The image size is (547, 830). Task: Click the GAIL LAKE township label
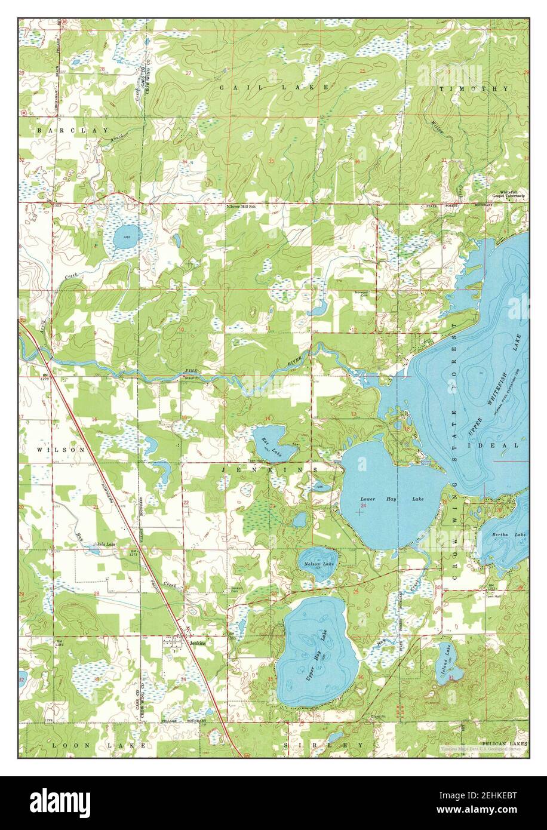(274, 87)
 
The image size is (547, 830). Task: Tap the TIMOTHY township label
(474, 88)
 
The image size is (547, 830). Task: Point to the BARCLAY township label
(73, 130)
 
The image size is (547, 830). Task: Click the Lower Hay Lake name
(392, 498)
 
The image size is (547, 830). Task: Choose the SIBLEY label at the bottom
(335, 745)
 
